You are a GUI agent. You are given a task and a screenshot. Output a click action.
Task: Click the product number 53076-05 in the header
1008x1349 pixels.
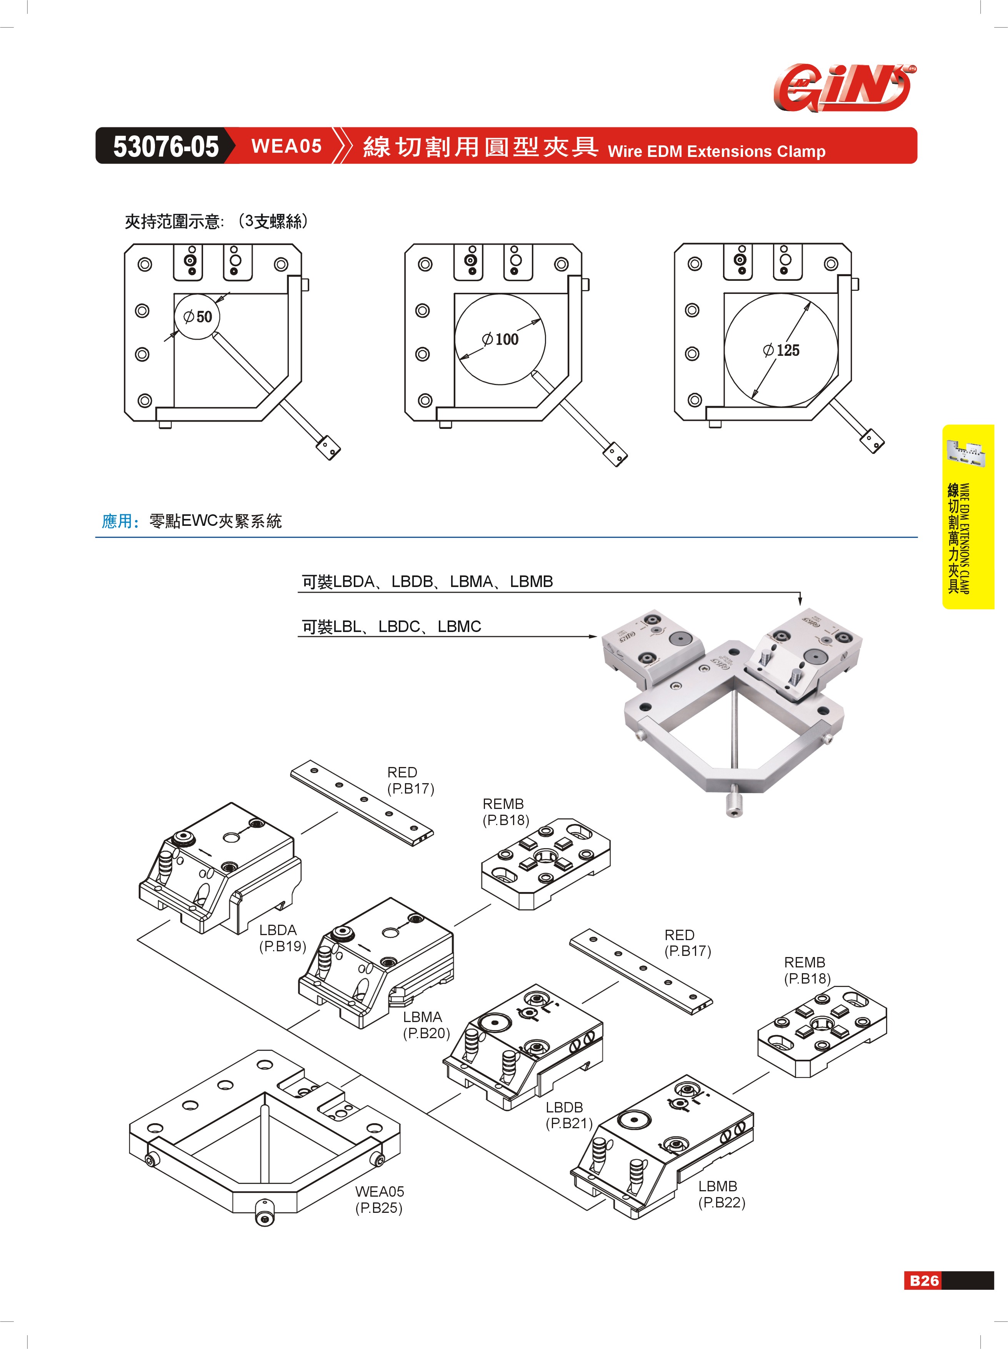(x=165, y=147)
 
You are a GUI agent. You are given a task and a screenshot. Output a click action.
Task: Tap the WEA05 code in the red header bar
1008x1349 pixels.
(x=286, y=147)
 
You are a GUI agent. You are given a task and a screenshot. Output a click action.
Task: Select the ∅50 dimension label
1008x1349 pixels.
(x=198, y=317)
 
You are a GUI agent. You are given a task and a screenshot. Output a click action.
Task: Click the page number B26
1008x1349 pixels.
(x=923, y=1280)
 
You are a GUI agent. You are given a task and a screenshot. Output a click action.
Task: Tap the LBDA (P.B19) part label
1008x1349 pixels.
(x=282, y=938)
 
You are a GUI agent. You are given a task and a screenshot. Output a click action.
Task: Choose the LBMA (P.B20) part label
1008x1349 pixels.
(x=426, y=1025)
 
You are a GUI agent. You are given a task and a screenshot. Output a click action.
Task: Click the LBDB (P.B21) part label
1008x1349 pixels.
(x=568, y=1115)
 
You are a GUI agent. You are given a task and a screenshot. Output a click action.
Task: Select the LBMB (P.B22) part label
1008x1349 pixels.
(x=721, y=1194)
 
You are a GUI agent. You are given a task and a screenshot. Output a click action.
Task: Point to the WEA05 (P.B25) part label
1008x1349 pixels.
(x=379, y=1200)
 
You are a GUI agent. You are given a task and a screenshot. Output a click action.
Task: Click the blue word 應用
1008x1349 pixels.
(x=117, y=522)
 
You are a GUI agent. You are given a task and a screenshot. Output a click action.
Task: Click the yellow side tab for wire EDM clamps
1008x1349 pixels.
(x=968, y=517)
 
